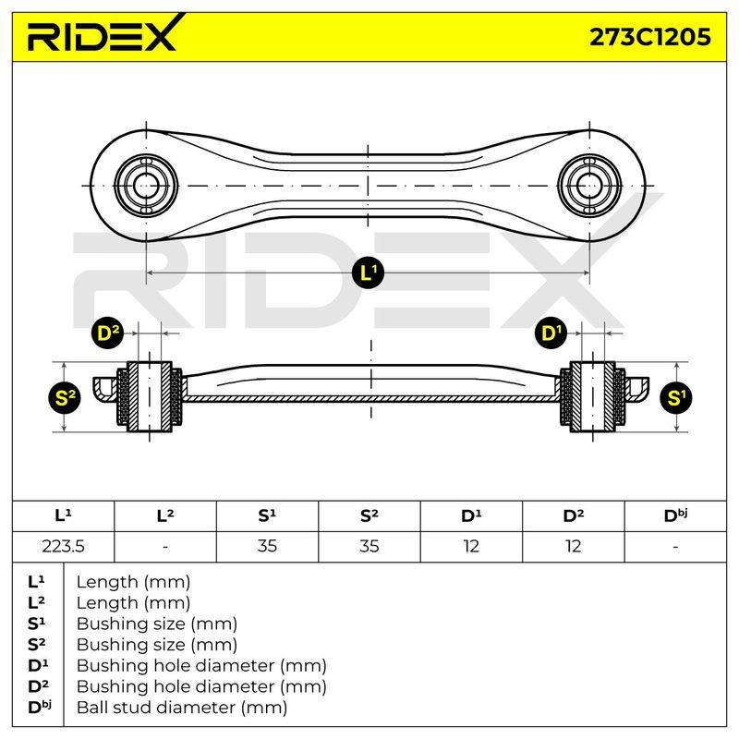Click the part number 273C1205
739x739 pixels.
[650, 37]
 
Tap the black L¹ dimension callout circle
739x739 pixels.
[368, 273]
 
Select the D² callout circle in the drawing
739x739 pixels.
[107, 333]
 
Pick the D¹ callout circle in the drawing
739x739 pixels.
[551, 333]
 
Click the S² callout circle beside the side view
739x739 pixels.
[65, 398]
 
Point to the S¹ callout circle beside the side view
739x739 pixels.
[676, 398]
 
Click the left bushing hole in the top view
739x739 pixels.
[146, 186]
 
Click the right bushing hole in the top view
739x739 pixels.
[589, 186]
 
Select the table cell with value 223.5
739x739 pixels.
[63, 546]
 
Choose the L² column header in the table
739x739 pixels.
[165, 516]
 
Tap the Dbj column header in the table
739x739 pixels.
[675, 516]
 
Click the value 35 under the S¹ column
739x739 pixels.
[267, 546]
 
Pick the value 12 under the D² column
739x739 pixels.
[573, 546]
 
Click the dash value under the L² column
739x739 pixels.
[165, 547]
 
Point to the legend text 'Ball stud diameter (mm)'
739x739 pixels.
[182, 708]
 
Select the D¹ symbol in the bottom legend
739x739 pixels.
[38, 665]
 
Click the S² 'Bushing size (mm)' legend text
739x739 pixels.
[157, 645]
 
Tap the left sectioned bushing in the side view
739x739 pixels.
[149, 397]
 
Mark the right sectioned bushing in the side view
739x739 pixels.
[592, 397]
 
